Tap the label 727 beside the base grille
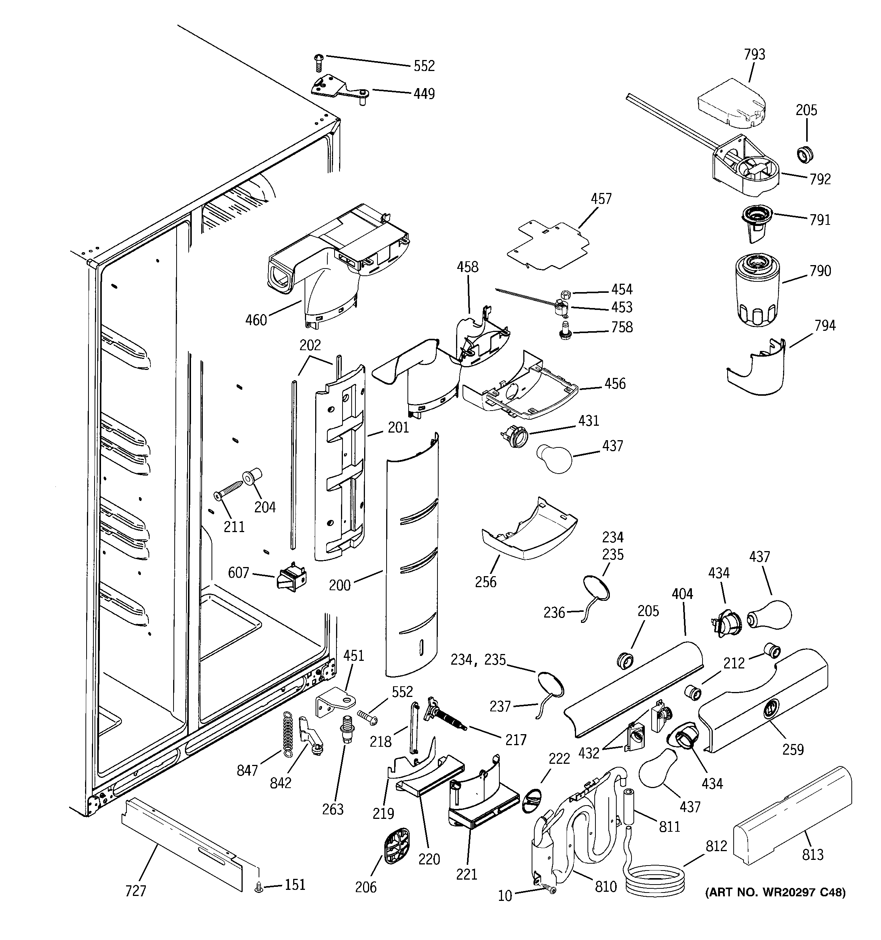click(x=136, y=891)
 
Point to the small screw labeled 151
click(x=258, y=888)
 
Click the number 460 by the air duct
click(x=256, y=320)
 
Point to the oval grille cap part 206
click(x=396, y=845)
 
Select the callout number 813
click(x=812, y=855)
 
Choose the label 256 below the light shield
click(x=486, y=582)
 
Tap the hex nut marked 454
click(x=565, y=294)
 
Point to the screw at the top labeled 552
click(x=318, y=62)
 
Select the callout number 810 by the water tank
click(x=606, y=886)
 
